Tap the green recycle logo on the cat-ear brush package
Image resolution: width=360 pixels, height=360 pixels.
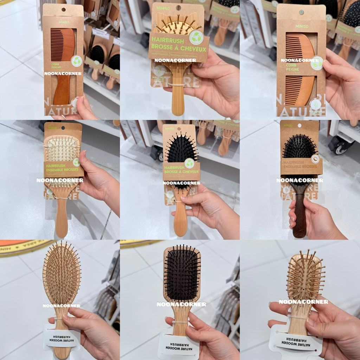point(196,38)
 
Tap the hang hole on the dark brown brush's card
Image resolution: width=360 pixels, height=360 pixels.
point(300,125)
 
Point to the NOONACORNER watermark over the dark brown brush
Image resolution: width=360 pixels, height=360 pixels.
point(300,180)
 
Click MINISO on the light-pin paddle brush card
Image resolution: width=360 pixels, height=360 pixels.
point(52,128)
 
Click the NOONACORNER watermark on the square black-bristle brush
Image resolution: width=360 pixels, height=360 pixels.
point(181,304)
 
